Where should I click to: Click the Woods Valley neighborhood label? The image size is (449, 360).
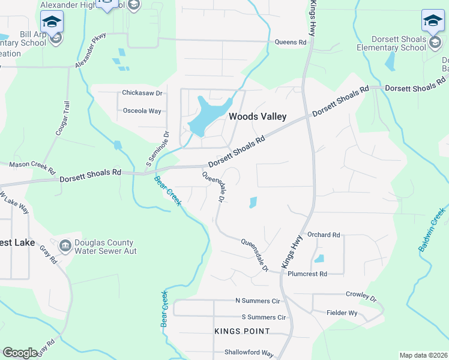[258, 116]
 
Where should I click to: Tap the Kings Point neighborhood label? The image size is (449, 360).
[242, 331]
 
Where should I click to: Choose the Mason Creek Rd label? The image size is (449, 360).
[32, 164]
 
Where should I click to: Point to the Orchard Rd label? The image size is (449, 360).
[323, 235]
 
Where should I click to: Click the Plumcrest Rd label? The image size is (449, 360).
[307, 274]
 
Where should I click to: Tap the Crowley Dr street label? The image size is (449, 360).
[361, 296]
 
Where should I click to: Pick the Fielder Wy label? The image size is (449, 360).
[342, 313]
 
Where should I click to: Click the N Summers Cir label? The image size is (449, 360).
[258, 301]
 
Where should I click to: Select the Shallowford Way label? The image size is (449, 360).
[249, 353]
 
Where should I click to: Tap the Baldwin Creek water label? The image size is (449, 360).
[432, 229]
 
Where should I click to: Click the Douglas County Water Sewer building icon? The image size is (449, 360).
[65, 244]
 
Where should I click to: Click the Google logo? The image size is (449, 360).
[20, 352]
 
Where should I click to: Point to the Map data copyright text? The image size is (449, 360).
[423, 355]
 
